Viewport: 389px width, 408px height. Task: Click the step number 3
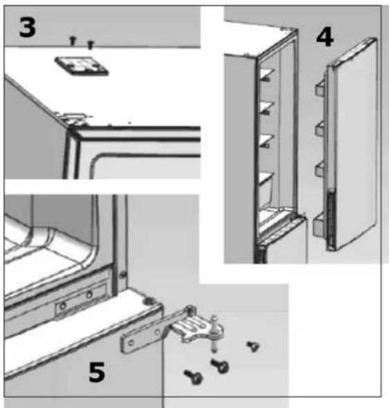27,27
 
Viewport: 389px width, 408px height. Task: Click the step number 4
325,37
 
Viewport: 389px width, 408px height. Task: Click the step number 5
97,372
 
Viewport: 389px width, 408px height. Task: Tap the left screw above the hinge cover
73,41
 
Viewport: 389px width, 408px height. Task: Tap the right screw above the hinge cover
90,44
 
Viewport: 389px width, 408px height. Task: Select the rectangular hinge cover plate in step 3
82,66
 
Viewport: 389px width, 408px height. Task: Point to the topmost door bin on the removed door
320,87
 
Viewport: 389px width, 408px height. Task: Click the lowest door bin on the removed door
319,224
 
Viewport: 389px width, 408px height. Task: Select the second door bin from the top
320,128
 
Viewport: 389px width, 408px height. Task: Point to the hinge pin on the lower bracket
214,334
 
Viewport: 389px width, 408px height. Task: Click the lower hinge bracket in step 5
172,330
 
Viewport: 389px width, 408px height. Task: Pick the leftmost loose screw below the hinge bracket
193,377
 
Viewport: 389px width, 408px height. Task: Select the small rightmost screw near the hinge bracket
253,346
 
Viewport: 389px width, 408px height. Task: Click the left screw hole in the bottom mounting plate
63,306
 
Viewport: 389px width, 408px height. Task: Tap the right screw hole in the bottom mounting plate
89,295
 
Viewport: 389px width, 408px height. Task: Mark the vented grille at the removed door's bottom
331,219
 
